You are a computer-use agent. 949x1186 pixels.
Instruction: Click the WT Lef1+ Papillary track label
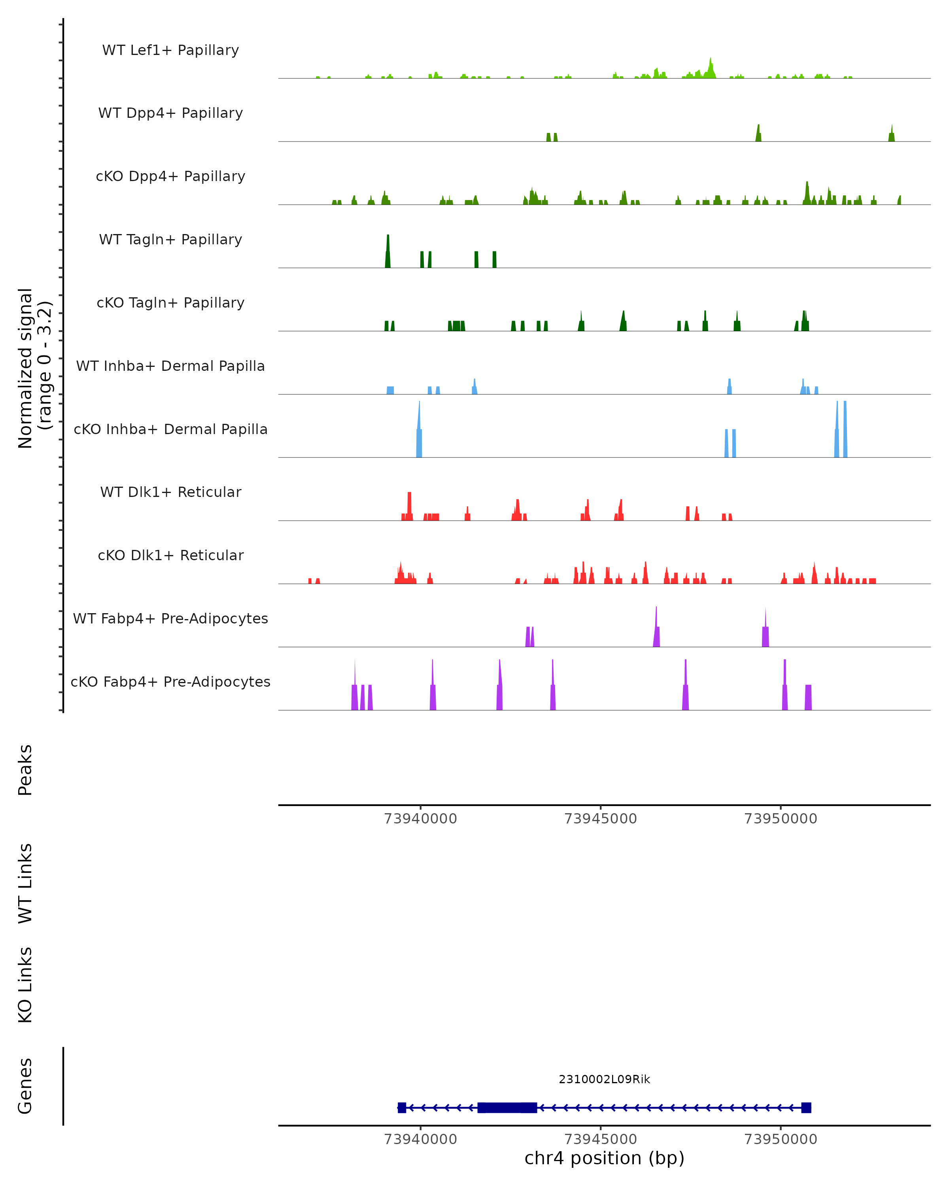click(170, 50)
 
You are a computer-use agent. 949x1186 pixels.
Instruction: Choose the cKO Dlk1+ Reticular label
click(170, 555)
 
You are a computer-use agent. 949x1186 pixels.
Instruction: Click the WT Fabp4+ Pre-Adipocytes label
click(170, 618)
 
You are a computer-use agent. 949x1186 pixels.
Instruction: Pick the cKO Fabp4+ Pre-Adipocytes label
click(170, 682)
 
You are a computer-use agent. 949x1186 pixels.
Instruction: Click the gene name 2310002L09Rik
click(604, 1079)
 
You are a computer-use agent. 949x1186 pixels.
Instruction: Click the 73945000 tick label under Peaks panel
click(600, 819)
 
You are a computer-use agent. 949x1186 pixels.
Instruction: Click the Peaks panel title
click(25, 770)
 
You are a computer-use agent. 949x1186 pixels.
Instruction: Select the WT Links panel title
click(25, 883)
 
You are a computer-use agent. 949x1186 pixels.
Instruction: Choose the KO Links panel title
click(25, 985)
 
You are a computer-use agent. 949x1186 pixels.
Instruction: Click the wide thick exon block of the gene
click(506, 1107)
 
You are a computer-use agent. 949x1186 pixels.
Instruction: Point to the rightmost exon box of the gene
click(806, 1107)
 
